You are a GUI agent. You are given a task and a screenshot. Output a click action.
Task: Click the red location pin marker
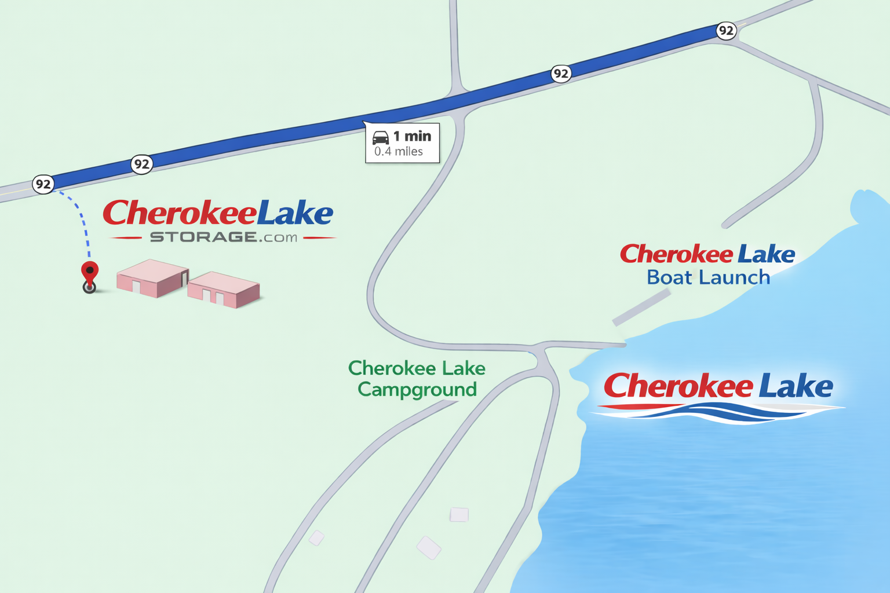pyautogui.click(x=90, y=273)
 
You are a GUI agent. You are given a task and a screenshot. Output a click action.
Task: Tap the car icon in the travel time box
pyautogui.click(x=381, y=138)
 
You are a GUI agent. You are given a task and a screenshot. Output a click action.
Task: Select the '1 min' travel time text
pyautogui.click(x=412, y=136)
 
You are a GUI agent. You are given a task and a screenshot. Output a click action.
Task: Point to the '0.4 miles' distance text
pyautogui.click(x=399, y=152)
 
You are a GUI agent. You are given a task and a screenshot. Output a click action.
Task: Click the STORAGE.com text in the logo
pyautogui.click(x=224, y=237)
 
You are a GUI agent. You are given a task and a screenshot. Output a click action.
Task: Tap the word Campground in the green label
pyautogui.click(x=417, y=390)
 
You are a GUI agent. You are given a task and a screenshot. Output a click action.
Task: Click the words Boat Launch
pyautogui.click(x=708, y=277)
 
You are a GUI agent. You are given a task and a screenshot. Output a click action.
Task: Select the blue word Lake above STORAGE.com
pyautogui.click(x=295, y=213)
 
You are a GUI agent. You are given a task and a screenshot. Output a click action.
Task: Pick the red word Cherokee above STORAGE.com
pyautogui.click(x=179, y=213)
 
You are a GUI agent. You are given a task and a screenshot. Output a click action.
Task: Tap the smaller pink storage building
pyautogui.click(x=223, y=289)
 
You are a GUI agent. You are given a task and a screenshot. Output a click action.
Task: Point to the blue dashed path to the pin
pyautogui.click(x=83, y=223)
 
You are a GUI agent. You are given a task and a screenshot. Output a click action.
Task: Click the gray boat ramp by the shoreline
pyautogui.click(x=641, y=307)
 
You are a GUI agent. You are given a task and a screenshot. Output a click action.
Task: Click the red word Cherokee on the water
pyautogui.click(x=678, y=386)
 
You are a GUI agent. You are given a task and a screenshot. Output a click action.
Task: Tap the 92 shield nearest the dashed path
pyautogui.click(x=43, y=185)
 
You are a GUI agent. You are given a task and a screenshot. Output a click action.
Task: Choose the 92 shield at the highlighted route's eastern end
pyautogui.click(x=726, y=31)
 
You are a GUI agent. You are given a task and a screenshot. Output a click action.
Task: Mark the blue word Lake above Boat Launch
pyautogui.click(x=765, y=254)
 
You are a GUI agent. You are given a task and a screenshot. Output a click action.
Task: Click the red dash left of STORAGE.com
pyautogui.click(x=126, y=237)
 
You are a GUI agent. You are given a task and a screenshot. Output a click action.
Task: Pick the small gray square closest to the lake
pyautogui.click(x=459, y=514)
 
